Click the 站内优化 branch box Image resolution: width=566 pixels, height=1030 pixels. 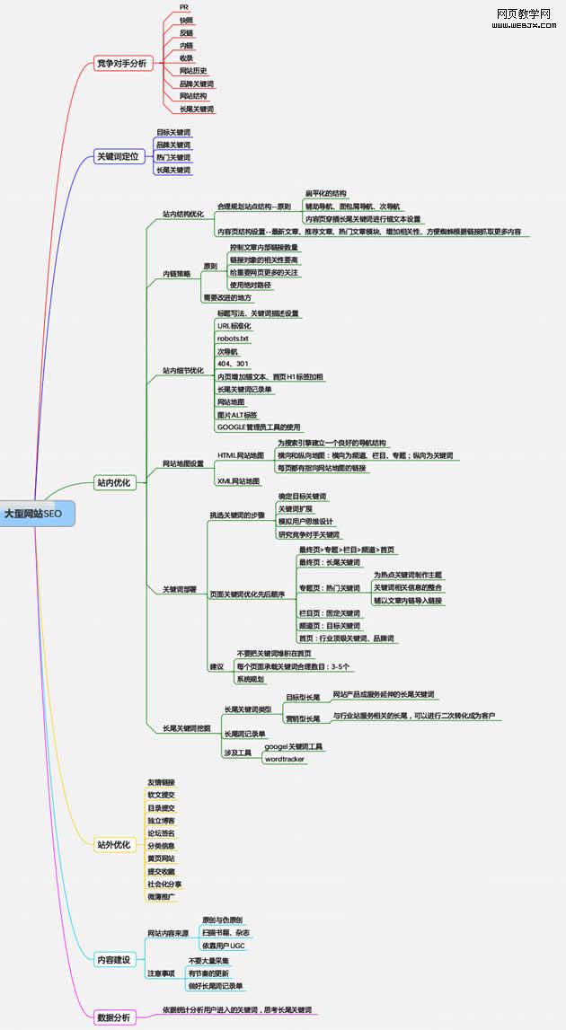114,482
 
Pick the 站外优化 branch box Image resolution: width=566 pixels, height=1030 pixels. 114,844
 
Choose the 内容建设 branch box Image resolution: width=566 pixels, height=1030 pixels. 114,960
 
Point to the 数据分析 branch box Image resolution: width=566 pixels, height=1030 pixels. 114,1017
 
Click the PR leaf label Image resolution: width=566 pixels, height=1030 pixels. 184,7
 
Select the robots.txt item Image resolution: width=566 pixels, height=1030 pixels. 233,339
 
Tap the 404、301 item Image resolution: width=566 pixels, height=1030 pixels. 233,364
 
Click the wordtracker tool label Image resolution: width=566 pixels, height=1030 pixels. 285,759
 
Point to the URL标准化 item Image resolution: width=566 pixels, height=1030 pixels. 234,325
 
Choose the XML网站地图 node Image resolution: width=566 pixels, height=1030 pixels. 238,481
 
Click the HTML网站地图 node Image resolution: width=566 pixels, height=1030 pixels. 241,455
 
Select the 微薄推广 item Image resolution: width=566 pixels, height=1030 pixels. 162,896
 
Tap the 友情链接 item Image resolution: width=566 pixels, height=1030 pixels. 162,782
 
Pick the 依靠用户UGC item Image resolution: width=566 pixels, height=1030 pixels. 224,946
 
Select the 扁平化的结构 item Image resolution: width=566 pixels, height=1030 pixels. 326,193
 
